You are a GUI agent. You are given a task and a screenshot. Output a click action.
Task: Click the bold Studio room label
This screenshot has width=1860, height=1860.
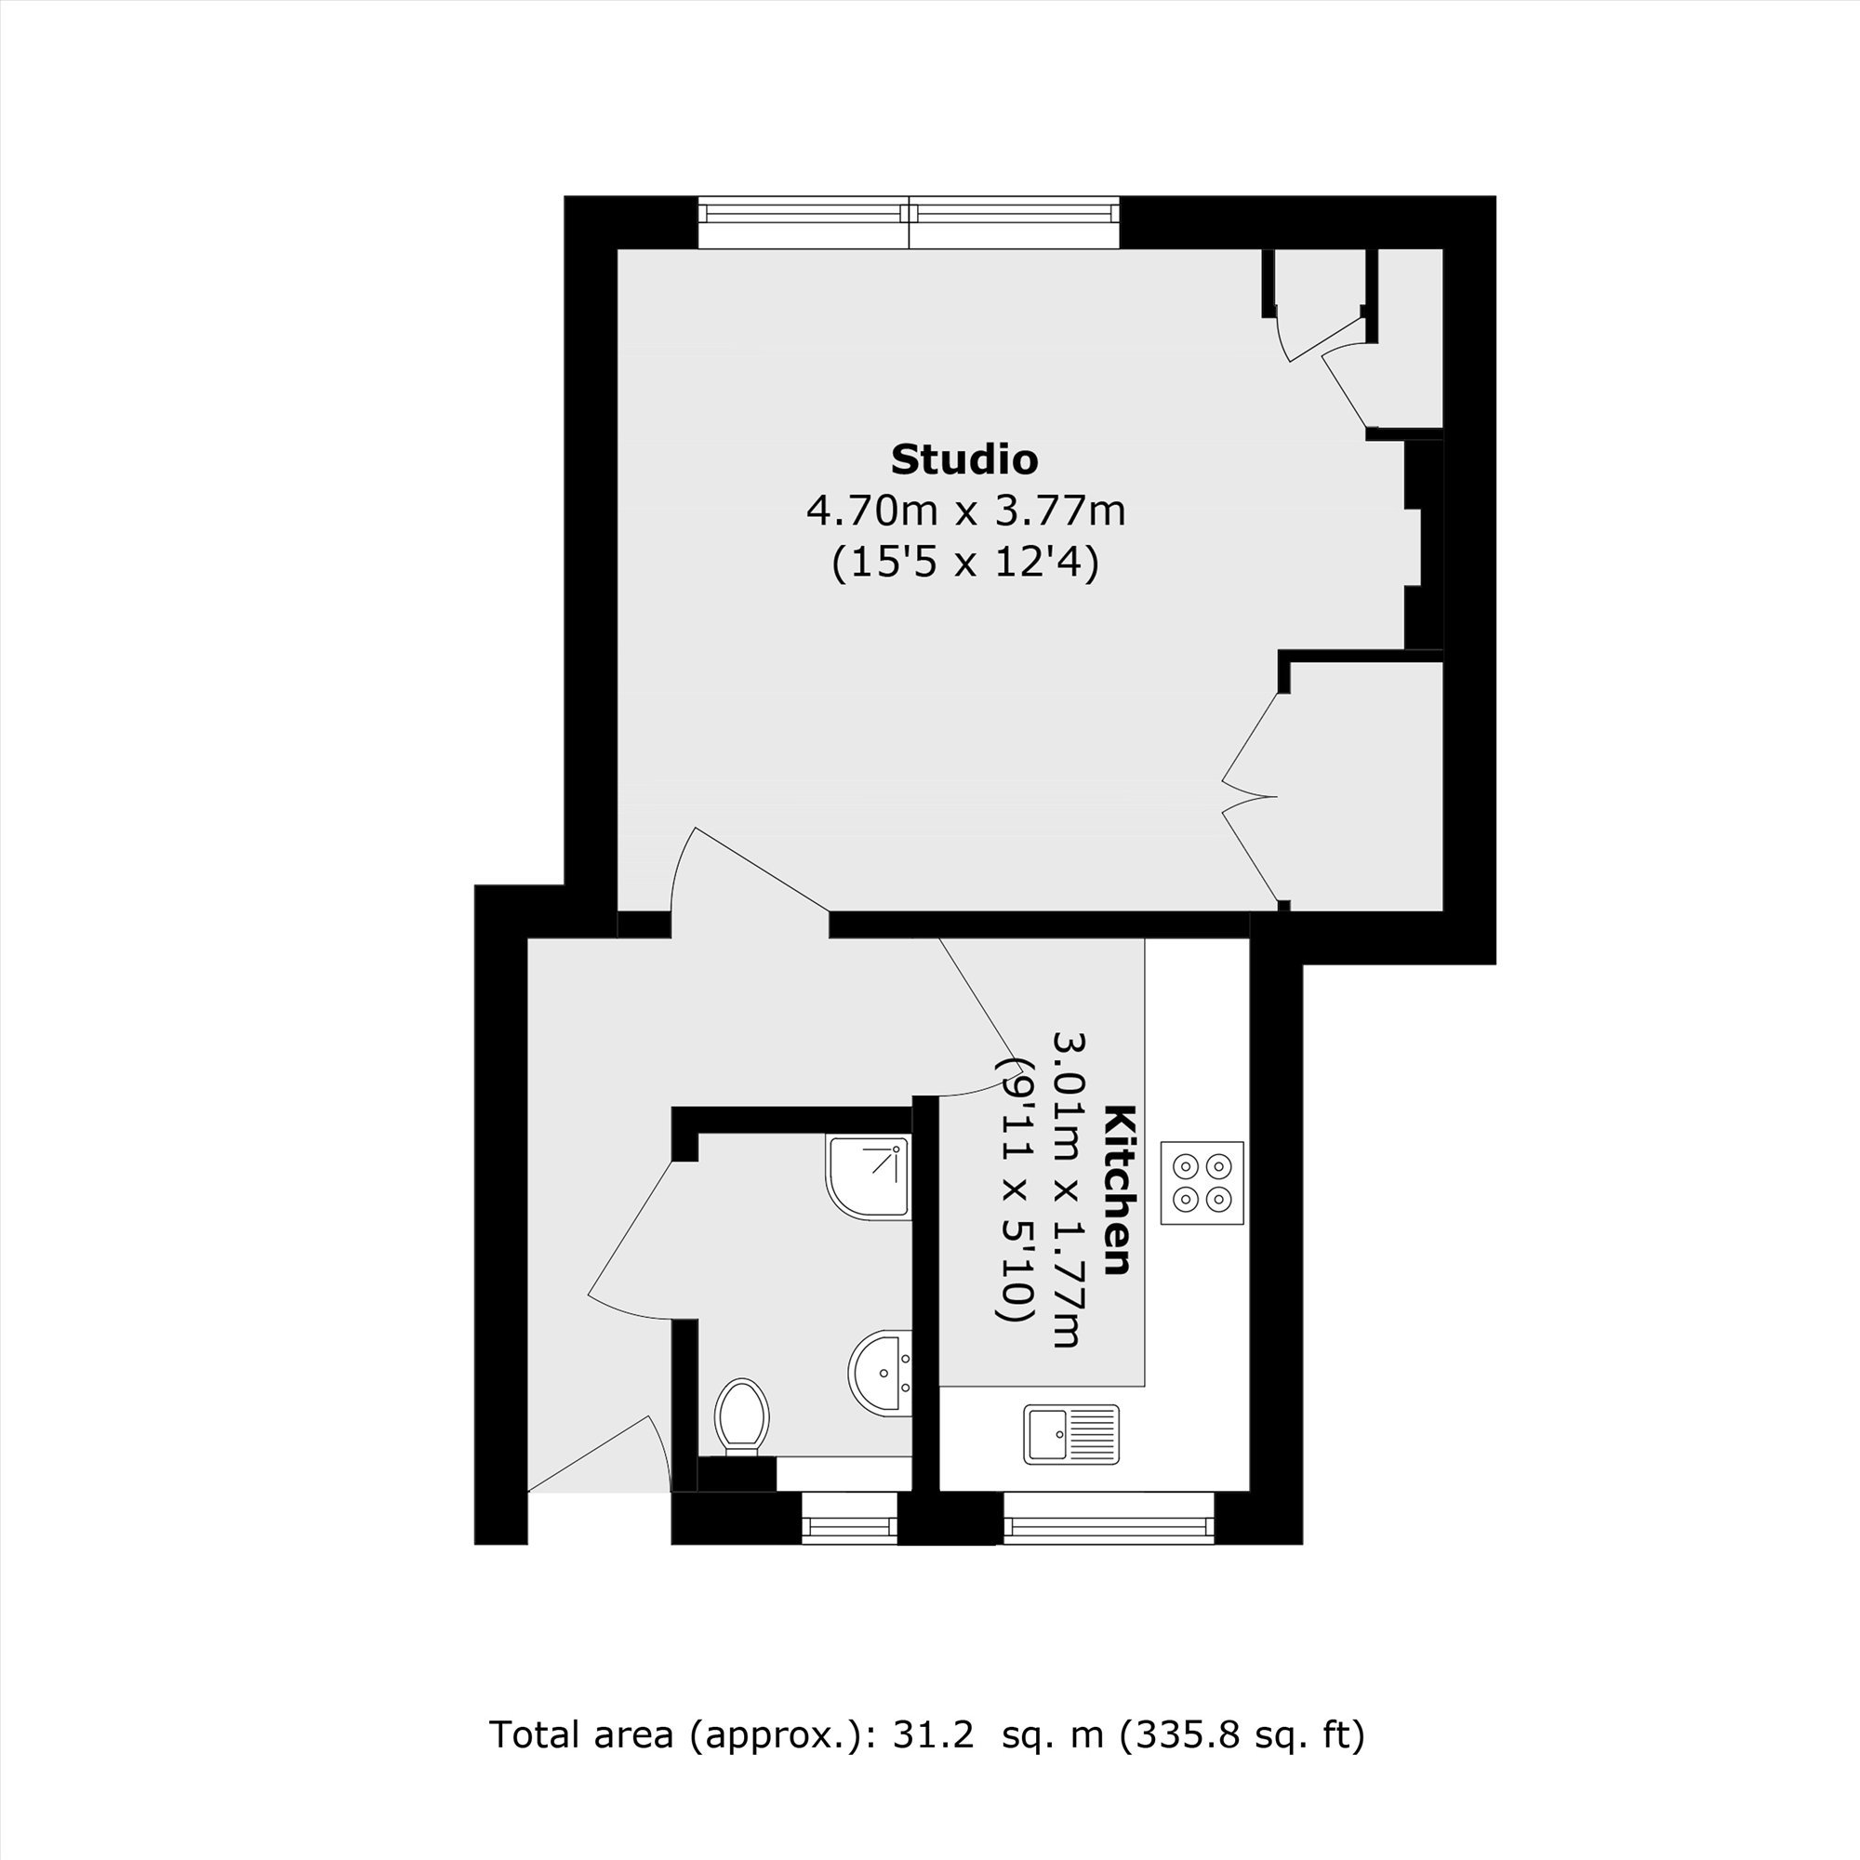[963, 459]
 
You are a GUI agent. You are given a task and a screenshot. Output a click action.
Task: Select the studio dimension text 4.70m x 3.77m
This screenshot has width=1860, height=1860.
[965, 511]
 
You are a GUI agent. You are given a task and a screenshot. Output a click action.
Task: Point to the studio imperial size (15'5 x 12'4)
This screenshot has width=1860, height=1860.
[964, 563]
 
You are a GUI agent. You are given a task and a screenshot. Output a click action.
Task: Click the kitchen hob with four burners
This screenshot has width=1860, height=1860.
[1202, 1183]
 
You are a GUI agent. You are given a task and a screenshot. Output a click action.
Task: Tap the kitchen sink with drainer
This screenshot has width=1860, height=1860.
[1071, 1433]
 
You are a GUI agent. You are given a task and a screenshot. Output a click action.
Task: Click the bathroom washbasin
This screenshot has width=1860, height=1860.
[880, 1373]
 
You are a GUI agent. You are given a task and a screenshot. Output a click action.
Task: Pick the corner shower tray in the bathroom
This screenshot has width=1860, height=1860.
[869, 1178]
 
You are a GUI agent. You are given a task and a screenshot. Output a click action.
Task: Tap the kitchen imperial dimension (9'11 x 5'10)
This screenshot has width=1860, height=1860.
[1014, 1190]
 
